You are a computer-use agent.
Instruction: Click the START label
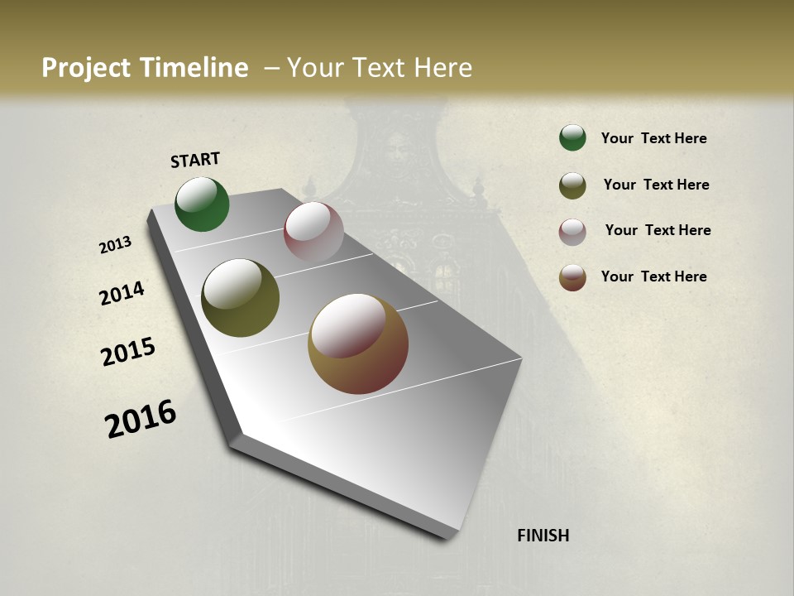click(195, 160)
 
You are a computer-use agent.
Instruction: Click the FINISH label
click(543, 536)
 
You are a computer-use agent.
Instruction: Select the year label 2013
click(116, 244)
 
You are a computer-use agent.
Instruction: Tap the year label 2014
click(122, 293)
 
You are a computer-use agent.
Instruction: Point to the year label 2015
click(128, 352)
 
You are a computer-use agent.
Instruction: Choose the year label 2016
click(141, 418)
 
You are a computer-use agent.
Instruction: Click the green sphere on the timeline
click(202, 204)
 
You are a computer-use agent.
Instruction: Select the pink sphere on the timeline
click(313, 232)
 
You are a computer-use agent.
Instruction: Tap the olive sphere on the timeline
click(240, 298)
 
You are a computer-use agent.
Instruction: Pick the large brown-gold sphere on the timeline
click(358, 344)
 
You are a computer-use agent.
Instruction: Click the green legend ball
click(572, 137)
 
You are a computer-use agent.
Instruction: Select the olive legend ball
click(572, 185)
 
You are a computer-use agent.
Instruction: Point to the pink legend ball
click(572, 232)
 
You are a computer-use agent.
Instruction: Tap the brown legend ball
click(572, 277)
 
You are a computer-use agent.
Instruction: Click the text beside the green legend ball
click(653, 138)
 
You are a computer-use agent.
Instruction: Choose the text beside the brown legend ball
click(653, 276)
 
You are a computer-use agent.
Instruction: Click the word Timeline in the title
click(195, 68)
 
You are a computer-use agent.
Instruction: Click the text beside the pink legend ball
click(658, 230)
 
